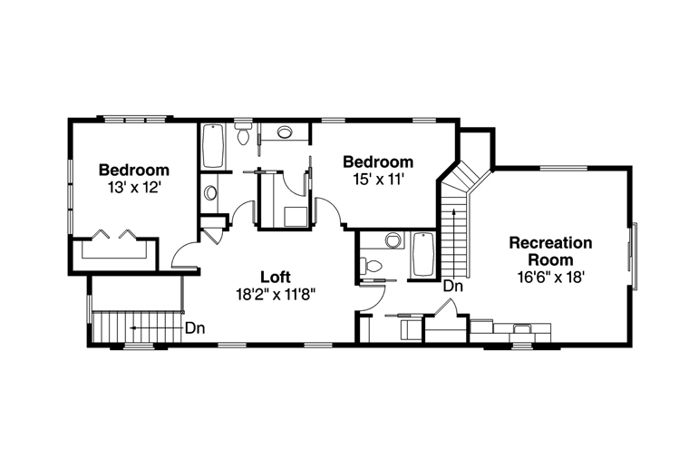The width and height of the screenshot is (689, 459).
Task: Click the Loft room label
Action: click(x=276, y=277)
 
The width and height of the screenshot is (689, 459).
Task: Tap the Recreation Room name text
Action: click(x=550, y=251)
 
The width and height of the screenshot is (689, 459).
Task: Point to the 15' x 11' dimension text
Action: click(x=378, y=180)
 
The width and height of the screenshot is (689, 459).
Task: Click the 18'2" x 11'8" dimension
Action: click(x=276, y=294)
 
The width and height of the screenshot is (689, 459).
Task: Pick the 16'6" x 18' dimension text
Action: click(x=551, y=277)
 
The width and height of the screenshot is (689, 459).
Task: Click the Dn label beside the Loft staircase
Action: click(x=195, y=328)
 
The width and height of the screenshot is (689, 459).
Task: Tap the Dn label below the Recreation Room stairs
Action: click(x=453, y=287)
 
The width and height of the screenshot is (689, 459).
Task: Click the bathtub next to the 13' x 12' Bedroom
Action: click(x=214, y=146)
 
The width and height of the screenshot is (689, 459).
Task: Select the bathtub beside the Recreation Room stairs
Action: click(x=422, y=255)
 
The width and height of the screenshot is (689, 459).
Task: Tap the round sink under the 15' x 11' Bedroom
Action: click(x=393, y=240)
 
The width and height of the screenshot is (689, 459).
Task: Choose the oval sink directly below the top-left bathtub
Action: click(x=211, y=193)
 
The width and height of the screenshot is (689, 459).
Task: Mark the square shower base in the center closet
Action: click(x=296, y=217)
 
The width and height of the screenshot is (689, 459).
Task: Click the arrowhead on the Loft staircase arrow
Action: click(x=131, y=328)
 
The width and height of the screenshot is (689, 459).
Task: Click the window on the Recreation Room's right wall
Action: click(x=633, y=257)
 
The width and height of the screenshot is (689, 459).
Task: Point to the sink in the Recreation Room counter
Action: click(x=522, y=328)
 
